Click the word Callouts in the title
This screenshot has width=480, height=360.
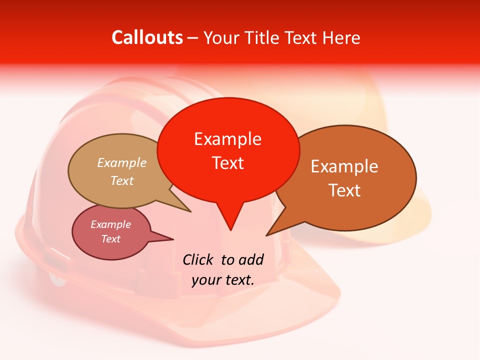pos(147,37)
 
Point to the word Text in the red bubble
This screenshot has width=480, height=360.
pos(227,162)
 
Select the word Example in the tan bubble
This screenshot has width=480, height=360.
pos(122,162)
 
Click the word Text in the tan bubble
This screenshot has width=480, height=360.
pos(122,180)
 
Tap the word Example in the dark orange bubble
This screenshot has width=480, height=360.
pos(344,166)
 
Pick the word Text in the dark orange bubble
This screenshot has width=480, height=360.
pos(344,190)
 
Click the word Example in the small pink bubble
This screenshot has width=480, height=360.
pos(111,224)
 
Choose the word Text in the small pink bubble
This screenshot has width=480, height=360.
pos(111,239)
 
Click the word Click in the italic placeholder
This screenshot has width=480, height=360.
pos(198,259)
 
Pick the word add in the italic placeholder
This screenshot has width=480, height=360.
pos(250,259)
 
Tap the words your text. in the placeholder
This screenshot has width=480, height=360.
pos(223,280)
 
